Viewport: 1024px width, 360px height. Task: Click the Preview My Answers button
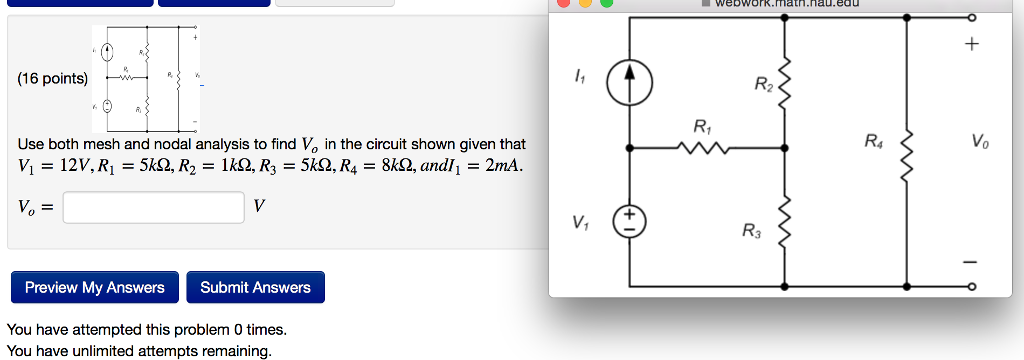[95, 287]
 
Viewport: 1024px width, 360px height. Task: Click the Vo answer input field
[153, 207]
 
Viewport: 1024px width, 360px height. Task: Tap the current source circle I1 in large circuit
[630, 83]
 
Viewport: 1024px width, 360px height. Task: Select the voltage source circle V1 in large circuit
[630, 220]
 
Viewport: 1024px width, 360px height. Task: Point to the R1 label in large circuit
[702, 127]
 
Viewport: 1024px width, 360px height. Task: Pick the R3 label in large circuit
[752, 232]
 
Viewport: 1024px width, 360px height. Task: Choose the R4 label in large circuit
[874, 141]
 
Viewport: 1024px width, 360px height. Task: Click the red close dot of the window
[563, 3]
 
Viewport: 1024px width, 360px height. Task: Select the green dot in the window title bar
[607, 3]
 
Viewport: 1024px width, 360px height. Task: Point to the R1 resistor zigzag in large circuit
[705, 149]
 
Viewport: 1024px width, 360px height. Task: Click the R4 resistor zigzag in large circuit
[907, 149]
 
